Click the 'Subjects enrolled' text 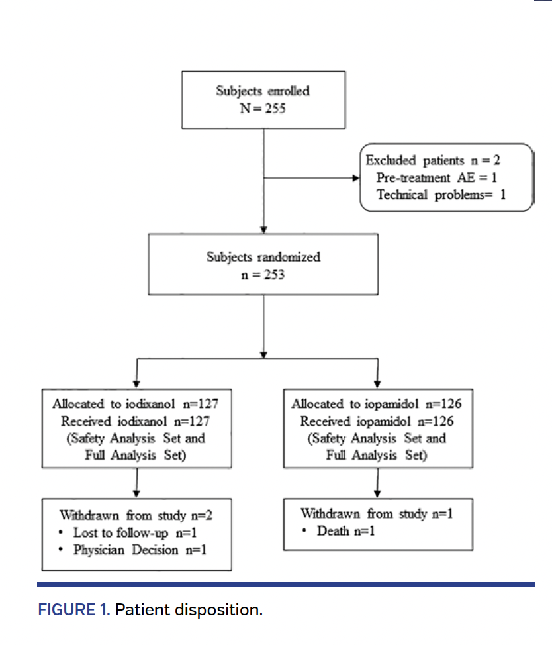click(x=263, y=91)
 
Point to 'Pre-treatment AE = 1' click(x=437, y=177)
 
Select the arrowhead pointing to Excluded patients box click(x=355, y=178)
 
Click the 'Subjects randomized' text click(x=263, y=256)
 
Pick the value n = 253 click(x=263, y=273)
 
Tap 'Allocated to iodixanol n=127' click(x=136, y=404)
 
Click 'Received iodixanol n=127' click(x=136, y=421)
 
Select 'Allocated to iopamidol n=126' click(x=377, y=404)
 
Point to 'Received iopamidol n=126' click(x=377, y=421)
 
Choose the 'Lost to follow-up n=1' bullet click(x=136, y=532)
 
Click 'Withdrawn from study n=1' click(x=377, y=513)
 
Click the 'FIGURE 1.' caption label click(x=73, y=610)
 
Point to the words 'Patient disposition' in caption click(x=188, y=610)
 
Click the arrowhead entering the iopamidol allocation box click(x=377, y=384)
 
